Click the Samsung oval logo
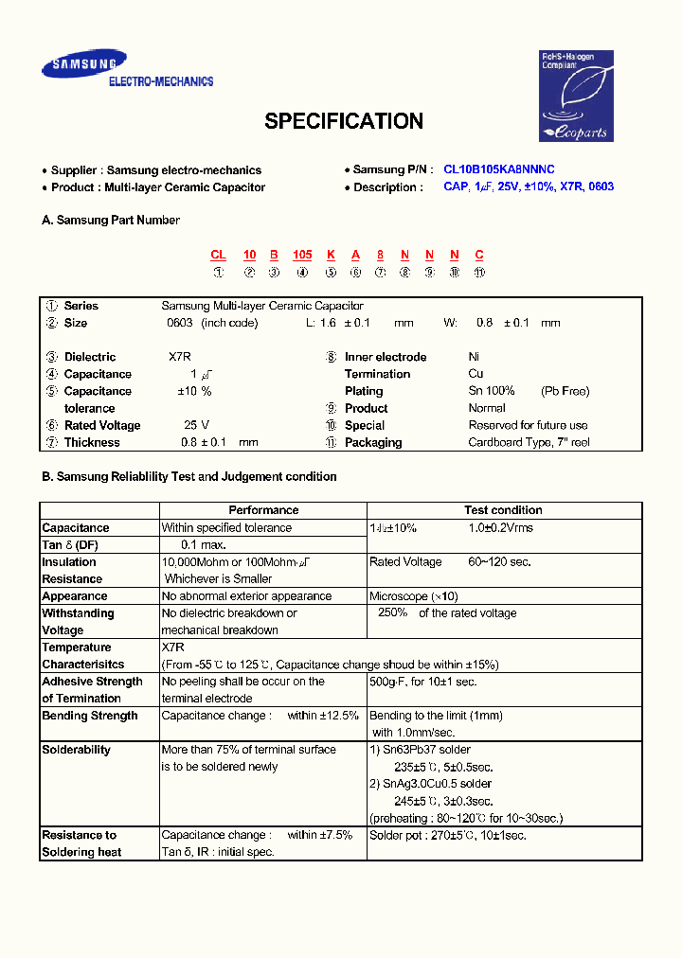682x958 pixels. click(x=82, y=65)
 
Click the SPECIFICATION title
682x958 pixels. click(x=343, y=121)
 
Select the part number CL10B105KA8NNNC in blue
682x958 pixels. click(x=499, y=169)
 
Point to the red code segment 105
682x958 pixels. click(x=302, y=255)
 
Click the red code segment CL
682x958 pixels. click(x=218, y=255)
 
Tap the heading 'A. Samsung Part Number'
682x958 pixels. click(x=111, y=220)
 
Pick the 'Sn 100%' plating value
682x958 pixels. click(x=492, y=391)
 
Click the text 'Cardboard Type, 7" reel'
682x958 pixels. click(x=529, y=442)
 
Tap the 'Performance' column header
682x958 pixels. click(x=263, y=510)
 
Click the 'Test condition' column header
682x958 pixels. click(x=503, y=510)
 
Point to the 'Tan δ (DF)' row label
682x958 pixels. click(x=70, y=545)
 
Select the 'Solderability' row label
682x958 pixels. click(x=76, y=750)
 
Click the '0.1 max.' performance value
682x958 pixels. click(x=204, y=545)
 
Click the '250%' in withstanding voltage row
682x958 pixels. click(x=392, y=612)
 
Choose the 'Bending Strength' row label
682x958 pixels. click(x=90, y=716)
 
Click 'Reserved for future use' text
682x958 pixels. click(x=528, y=425)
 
